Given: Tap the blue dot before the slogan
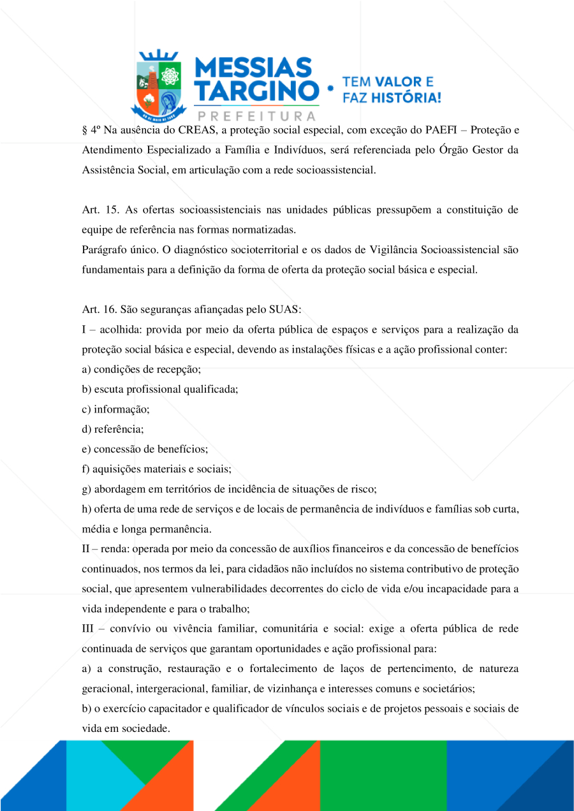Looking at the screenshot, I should pyautogui.click(x=330, y=90).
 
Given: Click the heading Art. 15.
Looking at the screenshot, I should pyautogui.click(x=97, y=210).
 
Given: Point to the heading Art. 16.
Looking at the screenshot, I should pyautogui.click(x=97, y=309).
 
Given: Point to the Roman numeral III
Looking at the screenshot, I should pyautogui.click(x=88, y=629).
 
